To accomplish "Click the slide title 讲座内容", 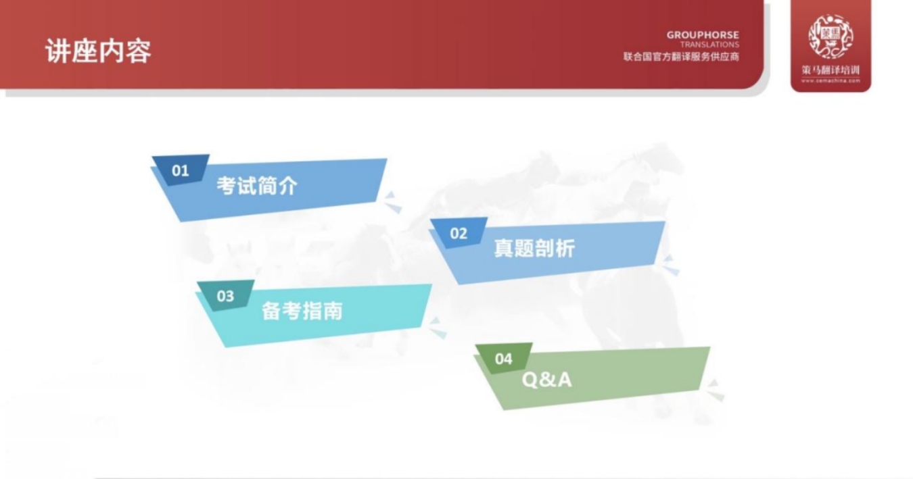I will click(x=98, y=51).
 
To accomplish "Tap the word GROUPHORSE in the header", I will click(x=703, y=35).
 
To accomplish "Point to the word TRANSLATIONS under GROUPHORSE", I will click(x=709, y=45).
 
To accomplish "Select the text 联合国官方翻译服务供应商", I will click(x=681, y=57).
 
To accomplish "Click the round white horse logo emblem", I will click(x=830, y=36).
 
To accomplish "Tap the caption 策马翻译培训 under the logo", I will click(x=830, y=71).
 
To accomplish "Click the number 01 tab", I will click(x=180, y=170).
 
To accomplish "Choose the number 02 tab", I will click(x=459, y=233).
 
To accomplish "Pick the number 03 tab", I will click(x=225, y=296).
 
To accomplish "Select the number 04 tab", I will click(x=504, y=359).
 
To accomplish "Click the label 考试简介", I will click(x=257, y=186).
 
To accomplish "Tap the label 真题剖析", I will click(x=534, y=249).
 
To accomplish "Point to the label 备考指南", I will click(x=302, y=311).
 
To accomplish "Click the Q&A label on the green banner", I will click(x=546, y=380).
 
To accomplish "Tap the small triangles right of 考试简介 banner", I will click(x=392, y=202).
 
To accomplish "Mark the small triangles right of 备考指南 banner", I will click(x=438, y=328).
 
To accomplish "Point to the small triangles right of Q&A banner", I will click(x=715, y=390).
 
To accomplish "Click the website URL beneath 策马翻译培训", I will click(x=830, y=80).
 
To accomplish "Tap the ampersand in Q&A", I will click(x=546, y=380).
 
